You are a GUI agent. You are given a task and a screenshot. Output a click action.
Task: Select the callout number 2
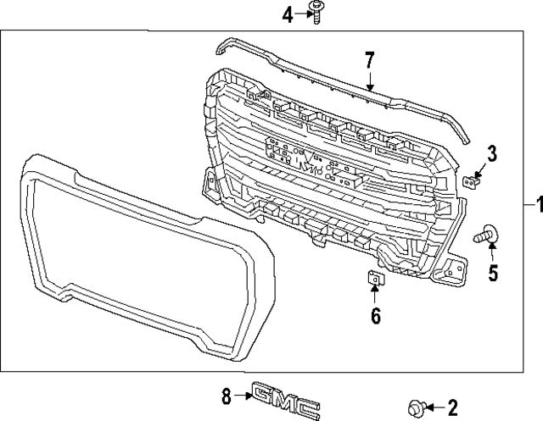452,407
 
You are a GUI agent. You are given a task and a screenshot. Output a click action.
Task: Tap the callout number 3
491,153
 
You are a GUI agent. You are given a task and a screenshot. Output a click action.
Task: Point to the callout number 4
287,14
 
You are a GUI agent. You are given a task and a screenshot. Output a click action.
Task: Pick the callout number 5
492,273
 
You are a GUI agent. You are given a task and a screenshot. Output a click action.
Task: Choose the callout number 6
375,316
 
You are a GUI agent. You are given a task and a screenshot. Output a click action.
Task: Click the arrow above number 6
375,296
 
